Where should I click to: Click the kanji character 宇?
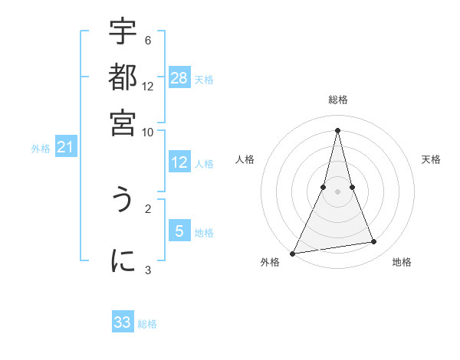(x=123, y=33)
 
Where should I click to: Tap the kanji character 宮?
(x=123, y=122)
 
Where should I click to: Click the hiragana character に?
(x=123, y=260)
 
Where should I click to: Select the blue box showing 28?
(x=179, y=77)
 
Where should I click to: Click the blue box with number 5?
(x=179, y=231)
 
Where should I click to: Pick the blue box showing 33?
(x=123, y=322)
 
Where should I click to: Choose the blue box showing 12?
(x=179, y=162)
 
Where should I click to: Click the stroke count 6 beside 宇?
(x=148, y=40)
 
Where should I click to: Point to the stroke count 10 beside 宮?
(x=148, y=131)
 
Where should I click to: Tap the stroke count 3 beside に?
(x=148, y=269)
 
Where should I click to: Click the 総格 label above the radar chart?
(x=338, y=100)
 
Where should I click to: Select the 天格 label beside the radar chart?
(x=432, y=159)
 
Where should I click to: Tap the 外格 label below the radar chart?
(x=270, y=262)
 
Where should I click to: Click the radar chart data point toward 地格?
(x=374, y=242)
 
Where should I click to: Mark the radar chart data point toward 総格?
(x=338, y=129)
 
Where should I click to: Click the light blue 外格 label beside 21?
(x=40, y=149)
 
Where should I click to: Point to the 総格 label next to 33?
(x=147, y=325)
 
